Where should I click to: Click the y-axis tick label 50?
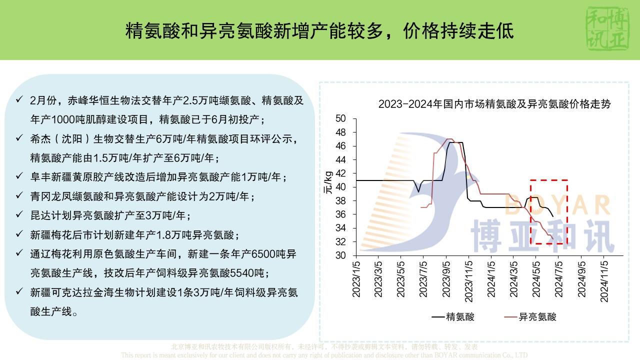coord(340,118)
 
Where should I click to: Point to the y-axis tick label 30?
coord(340,255)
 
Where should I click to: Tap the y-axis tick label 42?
coord(340,173)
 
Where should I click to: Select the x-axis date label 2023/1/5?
coord(356,278)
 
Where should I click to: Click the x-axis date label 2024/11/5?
coord(604,278)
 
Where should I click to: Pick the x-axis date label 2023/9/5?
coord(446,278)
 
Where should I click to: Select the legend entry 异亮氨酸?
coord(537,316)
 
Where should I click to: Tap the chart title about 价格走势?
coord(494,104)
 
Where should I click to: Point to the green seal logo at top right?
coord(609,29)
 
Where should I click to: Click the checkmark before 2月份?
coord(19,99)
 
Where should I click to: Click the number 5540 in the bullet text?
coord(242,273)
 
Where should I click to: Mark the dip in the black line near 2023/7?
coord(418,191)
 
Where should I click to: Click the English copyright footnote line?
coord(324,355)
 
